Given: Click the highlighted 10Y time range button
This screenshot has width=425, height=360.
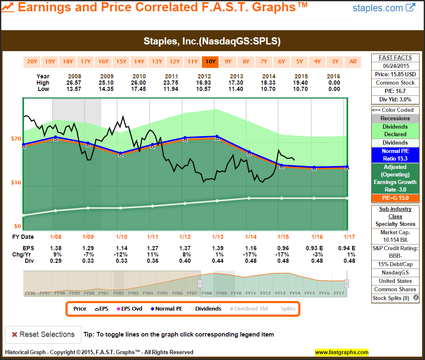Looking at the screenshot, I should [210, 62].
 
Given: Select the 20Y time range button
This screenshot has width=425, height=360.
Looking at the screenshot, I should [32, 62].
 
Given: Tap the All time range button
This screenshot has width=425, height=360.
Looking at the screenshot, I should [353, 62].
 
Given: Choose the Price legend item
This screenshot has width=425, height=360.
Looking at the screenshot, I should [80, 309].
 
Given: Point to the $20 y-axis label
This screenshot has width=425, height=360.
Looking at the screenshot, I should [17, 139].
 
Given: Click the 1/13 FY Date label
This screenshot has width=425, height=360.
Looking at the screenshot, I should [217, 237].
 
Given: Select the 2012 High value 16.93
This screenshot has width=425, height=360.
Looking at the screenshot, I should [204, 83].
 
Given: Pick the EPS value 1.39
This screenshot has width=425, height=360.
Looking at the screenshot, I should [217, 248].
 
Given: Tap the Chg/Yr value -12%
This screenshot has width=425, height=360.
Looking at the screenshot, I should [121, 254].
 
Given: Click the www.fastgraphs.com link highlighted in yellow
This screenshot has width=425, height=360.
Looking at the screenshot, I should [342, 352].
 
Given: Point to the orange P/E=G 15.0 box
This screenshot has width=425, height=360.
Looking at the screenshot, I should [395, 198].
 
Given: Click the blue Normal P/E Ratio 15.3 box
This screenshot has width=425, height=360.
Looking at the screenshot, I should [395, 155].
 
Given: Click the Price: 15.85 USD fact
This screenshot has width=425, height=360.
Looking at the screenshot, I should [395, 75].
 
